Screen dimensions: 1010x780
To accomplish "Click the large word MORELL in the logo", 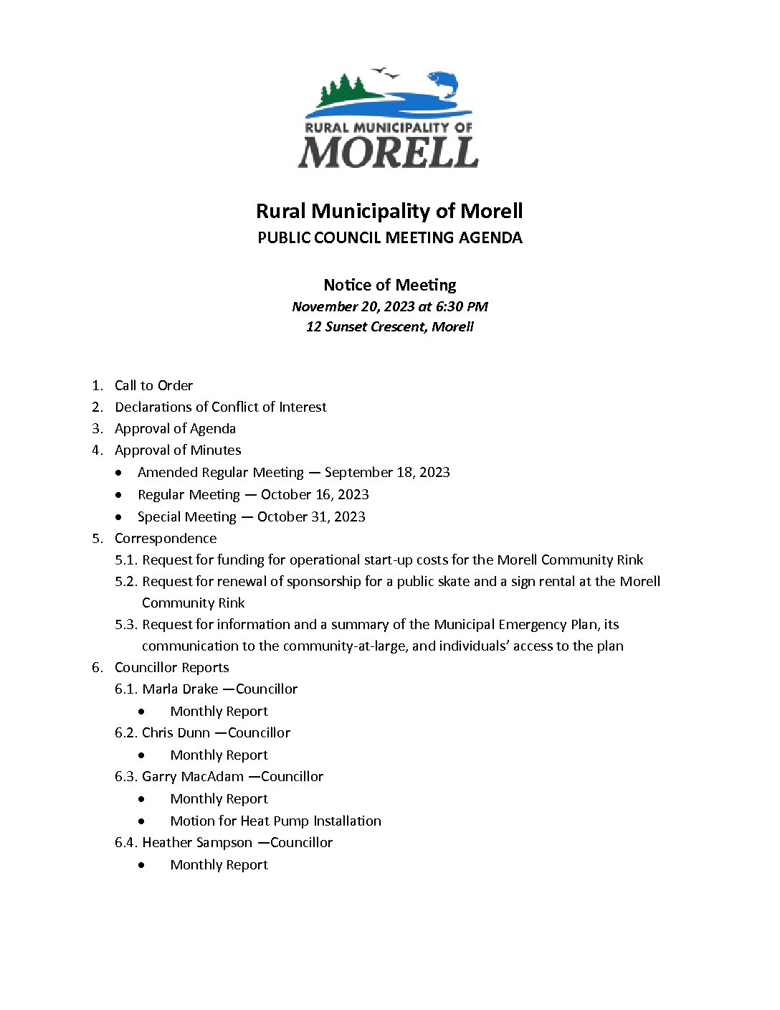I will click(x=388, y=152).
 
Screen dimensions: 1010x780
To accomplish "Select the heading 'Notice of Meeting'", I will click(x=390, y=285).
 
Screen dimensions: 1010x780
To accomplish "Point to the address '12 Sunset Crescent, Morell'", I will click(x=390, y=326).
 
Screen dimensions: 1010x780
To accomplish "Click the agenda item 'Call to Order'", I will click(x=153, y=385).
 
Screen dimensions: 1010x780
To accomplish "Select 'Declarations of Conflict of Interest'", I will click(x=220, y=407).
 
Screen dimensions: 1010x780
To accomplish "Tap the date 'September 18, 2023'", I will click(x=387, y=472).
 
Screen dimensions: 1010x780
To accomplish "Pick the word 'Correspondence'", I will click(x=166, y=538).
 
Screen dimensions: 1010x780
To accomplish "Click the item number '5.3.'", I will click(x=126, y=624).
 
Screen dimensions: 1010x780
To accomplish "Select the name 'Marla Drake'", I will click(x=180, y=689).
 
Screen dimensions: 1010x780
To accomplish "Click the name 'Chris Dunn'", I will click(x=176, y=732).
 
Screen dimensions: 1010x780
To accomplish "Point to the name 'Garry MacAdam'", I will click(x=193, y=776).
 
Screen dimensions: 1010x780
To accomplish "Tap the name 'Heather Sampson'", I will click(x=197, y=842).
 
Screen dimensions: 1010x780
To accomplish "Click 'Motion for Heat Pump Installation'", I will click(x=275, y=821).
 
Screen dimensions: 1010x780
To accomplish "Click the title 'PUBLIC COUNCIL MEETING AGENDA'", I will click(x=390, y=237).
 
